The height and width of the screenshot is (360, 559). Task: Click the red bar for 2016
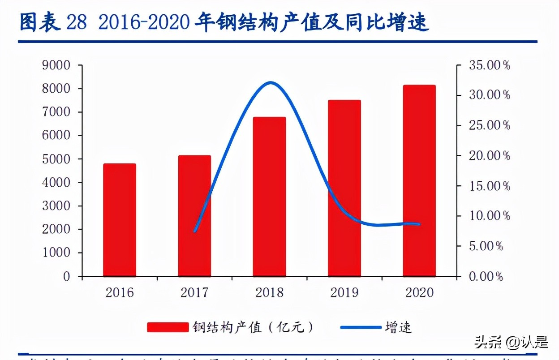(x=120, y=220)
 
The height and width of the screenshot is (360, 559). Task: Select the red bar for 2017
(x=194, y=216)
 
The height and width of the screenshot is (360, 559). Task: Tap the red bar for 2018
(x=269, y=197)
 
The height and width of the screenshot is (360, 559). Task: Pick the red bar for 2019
(x=344, y=188)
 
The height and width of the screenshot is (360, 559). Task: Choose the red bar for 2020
(x=419, y=180)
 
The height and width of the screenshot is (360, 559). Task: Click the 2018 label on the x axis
(x=269, y=293)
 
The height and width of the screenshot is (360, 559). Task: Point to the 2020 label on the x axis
(x=419, y=293)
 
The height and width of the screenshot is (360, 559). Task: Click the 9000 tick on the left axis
(x=56, y=65)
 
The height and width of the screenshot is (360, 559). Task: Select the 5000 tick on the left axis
(x=56, y=159)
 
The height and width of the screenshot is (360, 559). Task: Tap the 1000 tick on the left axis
(x=56, y=253)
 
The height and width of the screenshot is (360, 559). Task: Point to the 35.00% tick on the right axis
(x=490, y=65)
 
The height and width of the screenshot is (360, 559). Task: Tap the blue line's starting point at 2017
(x=195, y=231)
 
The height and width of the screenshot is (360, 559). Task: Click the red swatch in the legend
(x=168, y=327)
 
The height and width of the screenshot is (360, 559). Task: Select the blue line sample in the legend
(x=360, y=327)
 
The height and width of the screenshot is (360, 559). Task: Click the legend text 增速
(x=398, y=327)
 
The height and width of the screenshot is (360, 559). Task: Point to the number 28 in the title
(x=77, y=23)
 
